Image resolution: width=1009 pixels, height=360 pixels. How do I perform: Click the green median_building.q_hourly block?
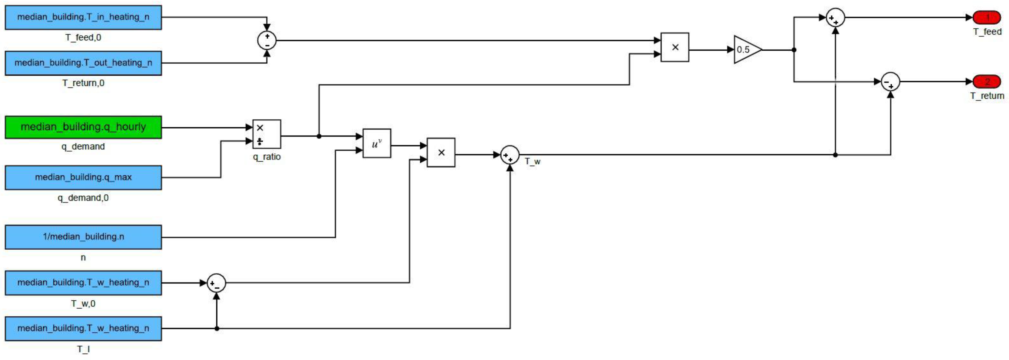83,127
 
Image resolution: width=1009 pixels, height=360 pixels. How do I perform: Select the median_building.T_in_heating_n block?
83,17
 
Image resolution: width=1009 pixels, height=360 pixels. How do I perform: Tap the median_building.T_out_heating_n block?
83,63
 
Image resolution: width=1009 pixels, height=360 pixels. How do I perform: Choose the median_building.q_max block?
83,177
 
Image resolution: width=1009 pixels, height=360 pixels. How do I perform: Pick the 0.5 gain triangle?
745,50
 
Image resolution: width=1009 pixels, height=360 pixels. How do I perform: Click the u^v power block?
376,143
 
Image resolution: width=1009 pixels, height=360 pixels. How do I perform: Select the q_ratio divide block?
266,134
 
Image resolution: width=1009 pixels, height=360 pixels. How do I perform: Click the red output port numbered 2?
987,82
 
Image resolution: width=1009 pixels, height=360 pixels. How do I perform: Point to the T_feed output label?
987,32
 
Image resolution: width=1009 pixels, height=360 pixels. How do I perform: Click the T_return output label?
987,96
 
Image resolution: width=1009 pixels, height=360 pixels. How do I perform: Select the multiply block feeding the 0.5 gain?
675,47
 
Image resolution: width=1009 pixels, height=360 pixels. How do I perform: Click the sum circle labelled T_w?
510,155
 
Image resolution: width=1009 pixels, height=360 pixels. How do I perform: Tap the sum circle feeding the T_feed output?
835,18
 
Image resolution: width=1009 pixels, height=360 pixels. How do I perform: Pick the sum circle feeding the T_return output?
890,82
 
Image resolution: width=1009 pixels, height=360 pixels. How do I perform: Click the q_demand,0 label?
83,198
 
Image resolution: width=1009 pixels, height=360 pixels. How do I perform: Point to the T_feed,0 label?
83,38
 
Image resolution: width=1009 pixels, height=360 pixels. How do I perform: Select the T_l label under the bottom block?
83,349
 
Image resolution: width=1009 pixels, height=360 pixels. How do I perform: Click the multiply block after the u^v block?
441,152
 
